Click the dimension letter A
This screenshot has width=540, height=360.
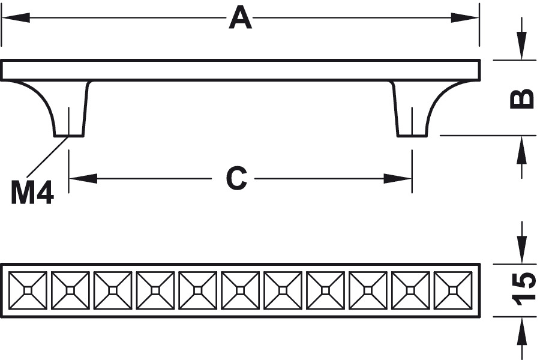point(240,18)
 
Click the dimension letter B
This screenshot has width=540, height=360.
point(522,98)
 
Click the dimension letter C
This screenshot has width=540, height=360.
point(237,178)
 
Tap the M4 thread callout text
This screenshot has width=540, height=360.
point(33,193)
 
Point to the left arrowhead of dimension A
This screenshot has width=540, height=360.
point(12,18)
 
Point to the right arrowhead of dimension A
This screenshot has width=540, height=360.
point(469,18)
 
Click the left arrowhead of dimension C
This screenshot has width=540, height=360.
point(82,178)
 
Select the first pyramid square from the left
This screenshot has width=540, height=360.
point(28,290)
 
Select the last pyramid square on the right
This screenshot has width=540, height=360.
point(453,290)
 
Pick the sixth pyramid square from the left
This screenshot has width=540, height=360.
point(241,290)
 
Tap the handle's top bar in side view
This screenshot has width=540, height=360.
point(240,70)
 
